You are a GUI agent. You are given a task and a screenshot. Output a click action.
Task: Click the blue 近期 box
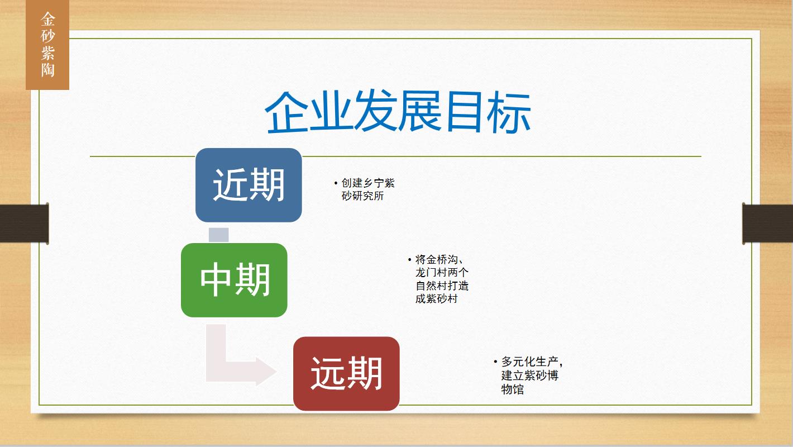pyautogui.click(x=249, y=185)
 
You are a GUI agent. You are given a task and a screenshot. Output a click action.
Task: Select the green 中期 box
pyautogui.click(x=234, y=280)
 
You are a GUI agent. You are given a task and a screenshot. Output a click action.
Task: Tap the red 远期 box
pyautogui.click(x=346, y=374)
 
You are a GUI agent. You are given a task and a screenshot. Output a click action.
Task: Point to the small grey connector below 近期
pyautogui.click(x=218, y=235)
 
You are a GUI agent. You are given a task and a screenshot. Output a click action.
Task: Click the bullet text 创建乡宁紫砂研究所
pyautogui.click(x=365, y=189)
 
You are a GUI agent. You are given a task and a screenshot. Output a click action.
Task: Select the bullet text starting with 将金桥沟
pyautogui.click(x=439, y=279)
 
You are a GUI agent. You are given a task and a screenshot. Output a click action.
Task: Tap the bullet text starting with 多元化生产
pyautogui.click(x=528, y=375)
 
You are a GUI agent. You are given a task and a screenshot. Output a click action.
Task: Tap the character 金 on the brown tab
pyautogui.click(x=47, y=19)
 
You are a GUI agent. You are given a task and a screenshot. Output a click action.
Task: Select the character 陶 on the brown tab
pyautogui.click(x=47, y=70)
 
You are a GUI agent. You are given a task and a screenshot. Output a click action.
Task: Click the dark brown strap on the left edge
pyautogui.click(x=24, y=223)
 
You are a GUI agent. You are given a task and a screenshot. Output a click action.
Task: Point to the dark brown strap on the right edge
pyautogui.click(x=767, y=223)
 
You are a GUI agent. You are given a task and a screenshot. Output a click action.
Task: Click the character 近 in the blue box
pyautogui.click(x=230, y=185)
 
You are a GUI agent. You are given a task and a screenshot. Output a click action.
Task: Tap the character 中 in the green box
pyautogui.click(x=216, y=280)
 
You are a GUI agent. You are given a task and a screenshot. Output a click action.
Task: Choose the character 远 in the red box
pyautogui.click(x=328, y=374)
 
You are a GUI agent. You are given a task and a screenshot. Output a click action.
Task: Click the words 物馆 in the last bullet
pyautogui.click(x=512, y=389)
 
